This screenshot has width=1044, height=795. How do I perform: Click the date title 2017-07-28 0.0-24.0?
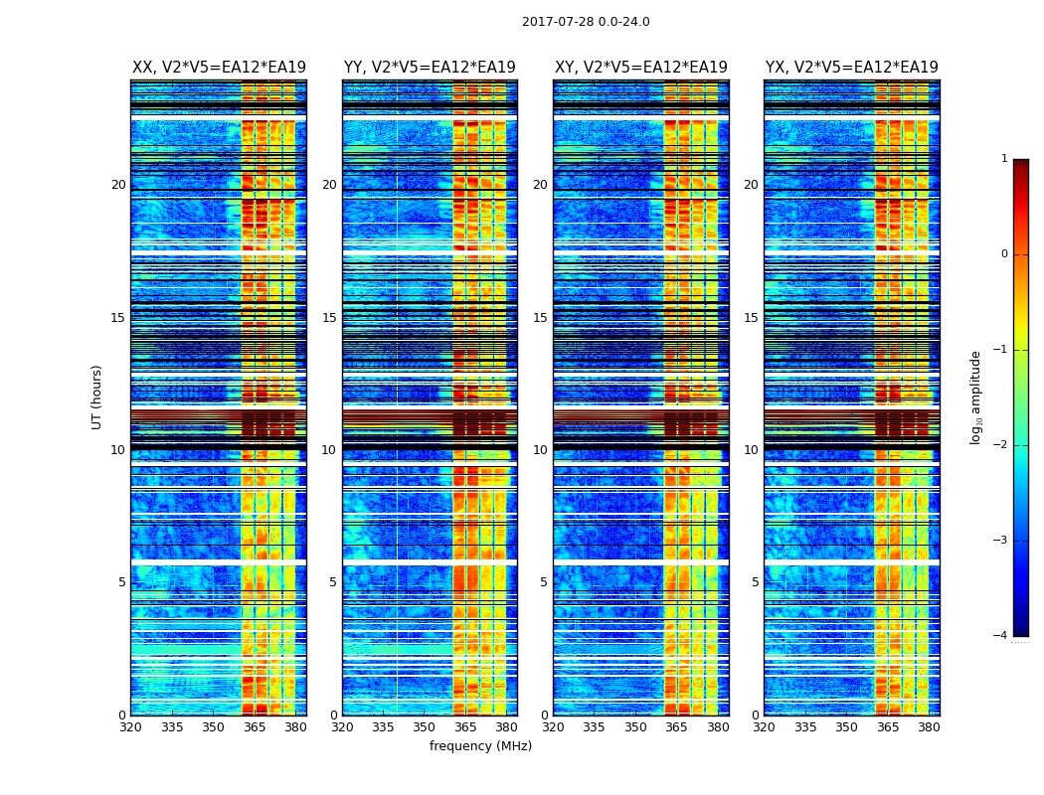tap(586, 22)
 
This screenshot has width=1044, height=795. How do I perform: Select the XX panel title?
tap(219, 68)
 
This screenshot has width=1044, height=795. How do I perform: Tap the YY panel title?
tap(430, 68)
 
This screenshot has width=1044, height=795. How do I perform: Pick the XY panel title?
tap(641, 68)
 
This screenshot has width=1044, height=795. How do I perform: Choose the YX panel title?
tap(852, 68)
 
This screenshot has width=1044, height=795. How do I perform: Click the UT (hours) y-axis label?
tap(97, 397)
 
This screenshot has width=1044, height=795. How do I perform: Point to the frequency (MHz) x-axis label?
tap(480, 746)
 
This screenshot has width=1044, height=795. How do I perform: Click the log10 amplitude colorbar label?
tap(976, 397)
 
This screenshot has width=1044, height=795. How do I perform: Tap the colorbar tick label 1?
tap(1004, 159)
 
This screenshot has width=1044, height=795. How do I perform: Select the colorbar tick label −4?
tap(1001, 636)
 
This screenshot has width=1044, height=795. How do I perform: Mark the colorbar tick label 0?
tap(1004, 254)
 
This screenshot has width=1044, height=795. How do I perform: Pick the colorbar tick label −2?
tap(1001, 445)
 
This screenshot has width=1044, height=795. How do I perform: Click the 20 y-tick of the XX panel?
tap(118, 185)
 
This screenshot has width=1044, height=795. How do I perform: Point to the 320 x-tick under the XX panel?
tap(130, 727)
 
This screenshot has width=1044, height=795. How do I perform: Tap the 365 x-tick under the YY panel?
tap(465, 727)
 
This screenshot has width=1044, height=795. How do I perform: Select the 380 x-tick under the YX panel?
tap(929, 727)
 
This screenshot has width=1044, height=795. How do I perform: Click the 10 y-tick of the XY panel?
tap(541, 450)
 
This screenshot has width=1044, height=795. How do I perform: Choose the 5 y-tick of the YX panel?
tap(756, 582)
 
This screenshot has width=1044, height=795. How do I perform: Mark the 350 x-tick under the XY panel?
tap(635, 727)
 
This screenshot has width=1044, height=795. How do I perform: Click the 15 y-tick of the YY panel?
tap(329, 318)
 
